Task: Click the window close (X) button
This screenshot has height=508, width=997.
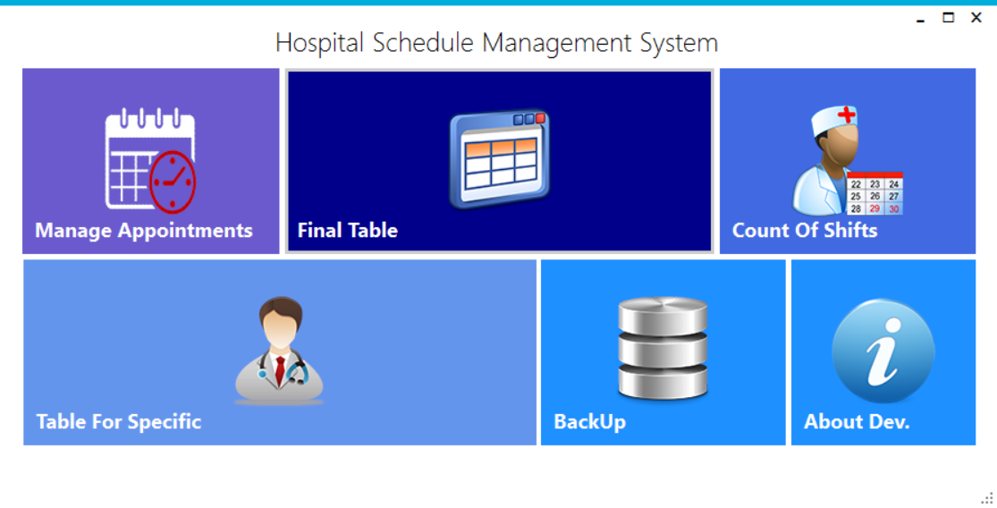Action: coord(976,18)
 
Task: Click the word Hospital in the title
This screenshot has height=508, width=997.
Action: coord(319,43)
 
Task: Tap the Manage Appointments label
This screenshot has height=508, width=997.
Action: coord(144,230)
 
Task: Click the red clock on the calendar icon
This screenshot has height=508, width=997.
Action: coord(173,182)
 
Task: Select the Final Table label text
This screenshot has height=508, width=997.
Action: coord(347,230)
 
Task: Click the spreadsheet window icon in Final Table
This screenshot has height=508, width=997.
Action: coord(499,159)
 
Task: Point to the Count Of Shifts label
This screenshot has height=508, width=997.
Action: coord(805,230)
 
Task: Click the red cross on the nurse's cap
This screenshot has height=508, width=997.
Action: coord(846,114)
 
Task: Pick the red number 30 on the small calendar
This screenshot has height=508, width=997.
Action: coord(894,208)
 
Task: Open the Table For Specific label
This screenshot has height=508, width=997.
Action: coord(119,421)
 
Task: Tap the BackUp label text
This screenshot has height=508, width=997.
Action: coord(589,421)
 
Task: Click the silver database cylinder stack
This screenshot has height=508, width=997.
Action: coord(663,347)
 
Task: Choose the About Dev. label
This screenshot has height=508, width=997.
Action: coord(857,421)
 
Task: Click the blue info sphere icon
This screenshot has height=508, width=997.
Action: coord(883,351)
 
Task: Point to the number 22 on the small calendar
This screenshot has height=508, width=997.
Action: coord(856,184)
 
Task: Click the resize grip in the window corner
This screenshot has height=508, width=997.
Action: coord(987,498)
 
